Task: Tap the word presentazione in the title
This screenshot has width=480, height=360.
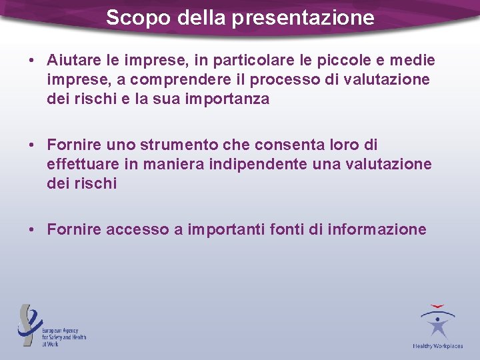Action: click(303, 18)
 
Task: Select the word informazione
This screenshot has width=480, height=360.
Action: click(377, 230)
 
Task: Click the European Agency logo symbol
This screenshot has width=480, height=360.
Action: click(29, 324)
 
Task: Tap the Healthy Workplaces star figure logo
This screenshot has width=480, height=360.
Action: click(437, 323)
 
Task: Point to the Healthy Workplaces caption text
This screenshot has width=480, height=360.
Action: click(437, 346)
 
